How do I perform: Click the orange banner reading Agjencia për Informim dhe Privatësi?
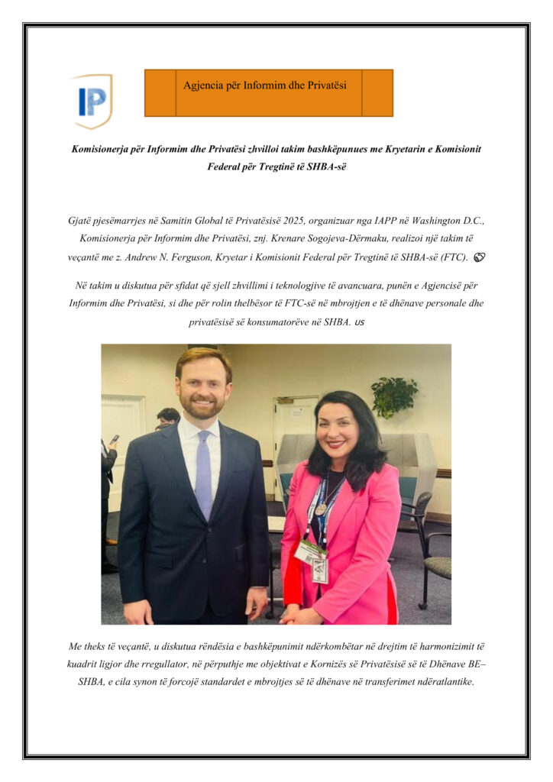[268, 93]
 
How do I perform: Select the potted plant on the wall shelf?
[393, 396]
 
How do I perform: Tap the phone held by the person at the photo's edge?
[115, 440]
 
